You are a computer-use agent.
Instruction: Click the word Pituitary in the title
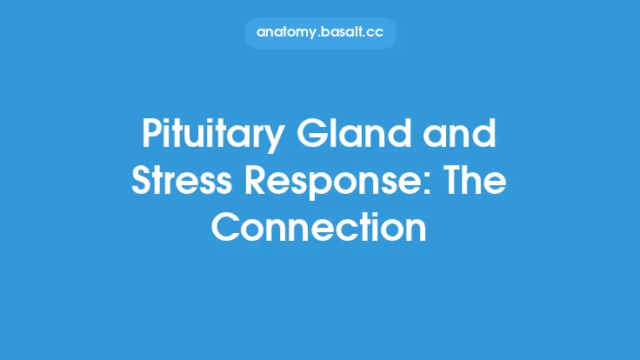[205, 137]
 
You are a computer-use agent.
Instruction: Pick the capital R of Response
[257, 182]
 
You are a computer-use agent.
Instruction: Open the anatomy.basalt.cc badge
[320, 32]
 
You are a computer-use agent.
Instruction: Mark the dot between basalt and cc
[364, 36]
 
